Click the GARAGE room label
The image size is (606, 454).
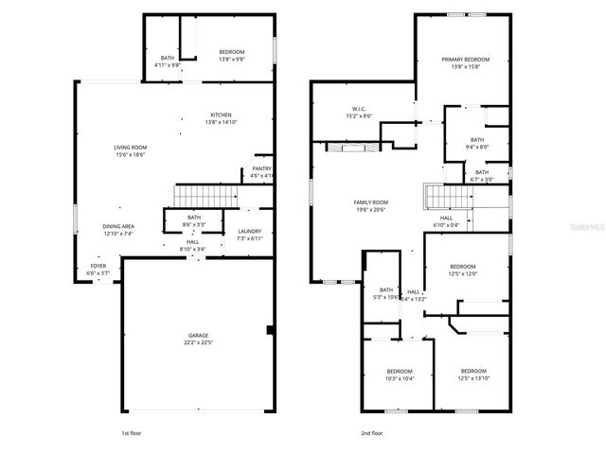[198, 335]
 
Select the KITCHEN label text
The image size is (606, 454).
[221, 114]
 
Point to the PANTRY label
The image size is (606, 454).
[261, 168]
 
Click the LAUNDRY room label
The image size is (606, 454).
[249, 232]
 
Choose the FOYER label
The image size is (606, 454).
[98, 267]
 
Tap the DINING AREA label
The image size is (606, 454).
[119, 226]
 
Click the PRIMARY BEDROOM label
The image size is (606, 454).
[465, 60]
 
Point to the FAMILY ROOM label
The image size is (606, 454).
[371, 202]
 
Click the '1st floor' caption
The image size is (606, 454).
[132, 433]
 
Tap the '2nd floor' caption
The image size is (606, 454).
[371, 433]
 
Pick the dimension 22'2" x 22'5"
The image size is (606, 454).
[198, 341]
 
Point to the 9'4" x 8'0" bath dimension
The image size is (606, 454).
[477, 147]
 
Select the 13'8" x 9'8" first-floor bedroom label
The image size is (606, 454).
[232, 59]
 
